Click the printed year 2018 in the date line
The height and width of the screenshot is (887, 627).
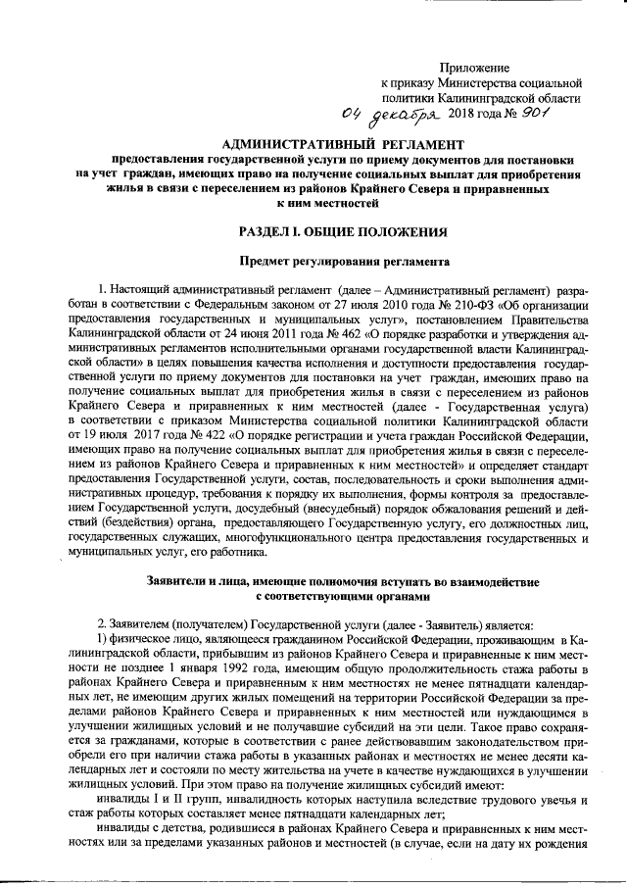coord(461,119)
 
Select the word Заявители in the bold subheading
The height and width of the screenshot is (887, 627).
coord(177,578)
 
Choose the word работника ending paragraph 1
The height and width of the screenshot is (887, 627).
coord(228,553)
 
